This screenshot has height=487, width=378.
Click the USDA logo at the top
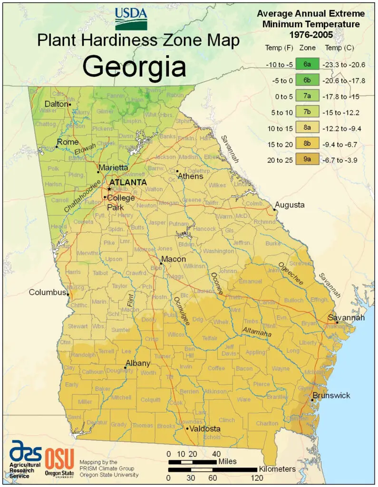click(x=131, y=18)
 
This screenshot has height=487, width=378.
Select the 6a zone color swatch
click(x=304, y=63)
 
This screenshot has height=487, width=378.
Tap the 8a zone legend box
click(x=304, y=128)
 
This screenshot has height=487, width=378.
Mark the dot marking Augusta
click(x=274, y=209)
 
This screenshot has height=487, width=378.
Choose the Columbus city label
click(x=47, y=292)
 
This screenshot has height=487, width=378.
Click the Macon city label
click(x=176, y=260)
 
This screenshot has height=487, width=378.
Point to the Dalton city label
click(x=56, y=104)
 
